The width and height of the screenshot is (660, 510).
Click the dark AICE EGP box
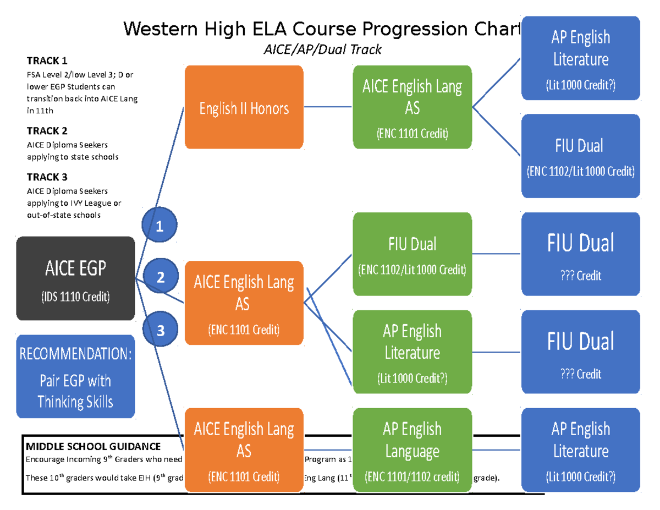(x=76, y=278)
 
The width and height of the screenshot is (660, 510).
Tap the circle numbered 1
(x=159, y=225)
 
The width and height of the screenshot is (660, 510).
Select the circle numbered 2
(x=160, y=277)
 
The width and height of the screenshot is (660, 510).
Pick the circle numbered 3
(x=160, y=330)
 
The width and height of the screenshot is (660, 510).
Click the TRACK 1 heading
(x=47, y=61)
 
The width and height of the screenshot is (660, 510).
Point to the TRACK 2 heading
(x=47, y=131)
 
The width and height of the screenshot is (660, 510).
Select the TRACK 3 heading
(x=47, y=177)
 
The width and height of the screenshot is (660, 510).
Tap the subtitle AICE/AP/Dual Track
(x=322, y=50)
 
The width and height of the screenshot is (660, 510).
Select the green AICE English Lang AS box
(x=413, y=107)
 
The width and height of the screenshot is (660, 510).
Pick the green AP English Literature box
(x=413, y=352)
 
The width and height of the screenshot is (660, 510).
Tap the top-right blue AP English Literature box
(x=581, y=58)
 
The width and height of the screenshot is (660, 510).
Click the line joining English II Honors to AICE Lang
(x=328, y=107)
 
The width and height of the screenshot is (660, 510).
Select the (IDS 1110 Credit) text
(x=76, y=298)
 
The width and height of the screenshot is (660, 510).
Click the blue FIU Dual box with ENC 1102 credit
(x=581, y=156)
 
